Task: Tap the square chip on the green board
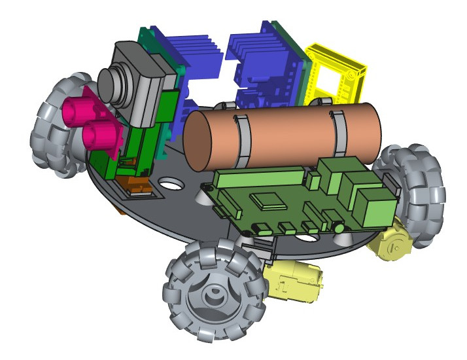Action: coord(269,200)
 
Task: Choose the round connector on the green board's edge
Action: coord(339,228)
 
